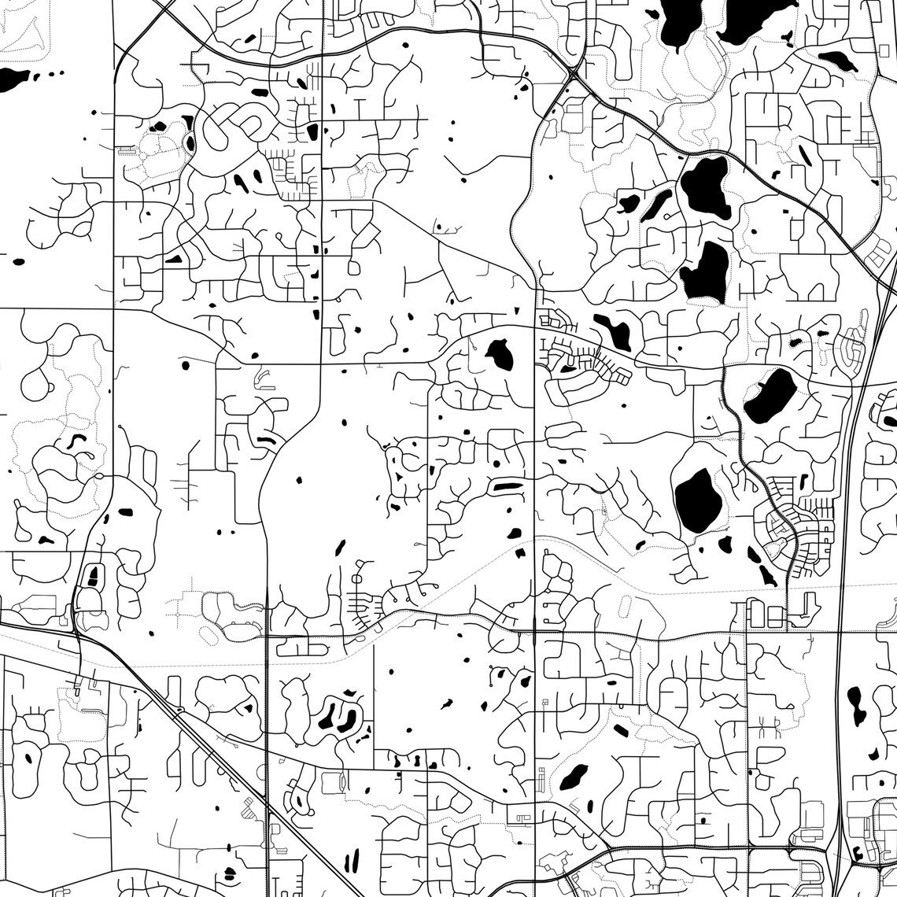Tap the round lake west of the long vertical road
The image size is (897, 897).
click(x=500, y=355)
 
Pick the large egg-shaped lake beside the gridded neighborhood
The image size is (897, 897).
click(x=698, y=496)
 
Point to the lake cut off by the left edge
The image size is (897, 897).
click(x=13, y=79)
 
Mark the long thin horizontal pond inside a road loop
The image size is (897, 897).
click(x=505, y=487)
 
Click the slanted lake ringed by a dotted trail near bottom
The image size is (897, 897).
click(x=574, y=777)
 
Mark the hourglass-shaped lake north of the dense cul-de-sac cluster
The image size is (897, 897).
click(x=613, y=330)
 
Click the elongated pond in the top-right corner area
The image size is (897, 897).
click(x=837, y=59)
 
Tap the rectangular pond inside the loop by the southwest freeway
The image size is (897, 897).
click(x=93, y=576)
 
